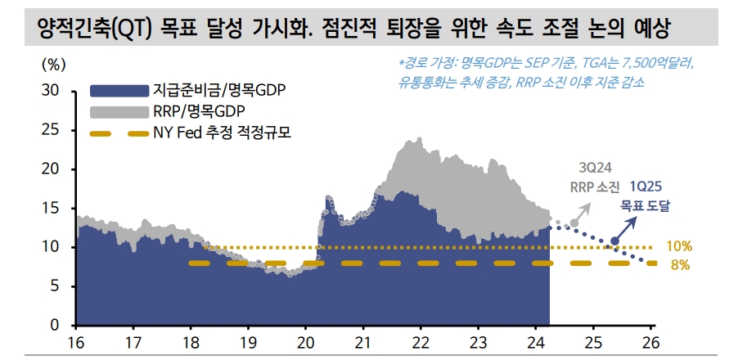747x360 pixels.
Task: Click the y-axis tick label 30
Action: coord(50,90)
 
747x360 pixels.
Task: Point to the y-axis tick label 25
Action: coord(50,129)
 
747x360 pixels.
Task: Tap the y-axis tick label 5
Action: coord(54,286)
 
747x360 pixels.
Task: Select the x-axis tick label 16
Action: coord(75,341)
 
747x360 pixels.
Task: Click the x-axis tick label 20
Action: coord(305,341)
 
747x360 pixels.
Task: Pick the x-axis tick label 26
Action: coord(651,341)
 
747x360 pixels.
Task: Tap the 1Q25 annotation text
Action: coord(646,187)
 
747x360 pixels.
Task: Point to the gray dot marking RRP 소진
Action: coord(574,223)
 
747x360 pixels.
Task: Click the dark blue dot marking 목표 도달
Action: coord(615,241)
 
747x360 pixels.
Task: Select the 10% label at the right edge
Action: coord(679,245)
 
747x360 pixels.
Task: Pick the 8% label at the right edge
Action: coord(681,264)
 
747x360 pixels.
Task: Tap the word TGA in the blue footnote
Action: coord(594,62)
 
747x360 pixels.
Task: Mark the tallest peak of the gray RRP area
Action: coord(408,141)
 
